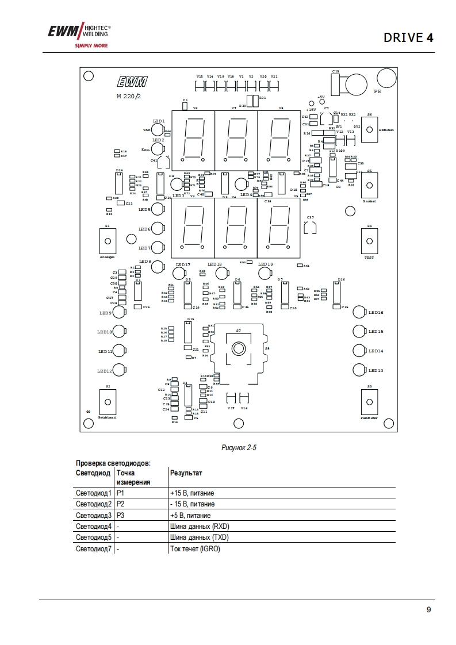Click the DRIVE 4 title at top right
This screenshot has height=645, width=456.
tap(408, 38)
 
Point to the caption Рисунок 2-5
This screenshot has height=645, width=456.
tap(239, 447)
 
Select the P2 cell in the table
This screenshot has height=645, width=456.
tap(121, 504)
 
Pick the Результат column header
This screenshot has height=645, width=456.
tap(186, 473)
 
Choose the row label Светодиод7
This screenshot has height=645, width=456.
tap(94, 549)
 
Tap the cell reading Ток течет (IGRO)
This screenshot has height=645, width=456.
tap(196, 549)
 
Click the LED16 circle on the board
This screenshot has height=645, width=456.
tap(359, 312)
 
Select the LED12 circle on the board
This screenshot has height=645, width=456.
tap(119, 370)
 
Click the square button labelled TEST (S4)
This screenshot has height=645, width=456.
tap(369, 240)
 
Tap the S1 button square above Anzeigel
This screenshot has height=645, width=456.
tap(108, 240)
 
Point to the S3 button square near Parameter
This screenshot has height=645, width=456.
tap(369, 401)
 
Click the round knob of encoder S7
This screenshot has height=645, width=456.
tap(237, 349)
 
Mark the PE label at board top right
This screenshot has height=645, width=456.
tap(378, 91)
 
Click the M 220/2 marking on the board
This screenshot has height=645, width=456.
tap(128, 96)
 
